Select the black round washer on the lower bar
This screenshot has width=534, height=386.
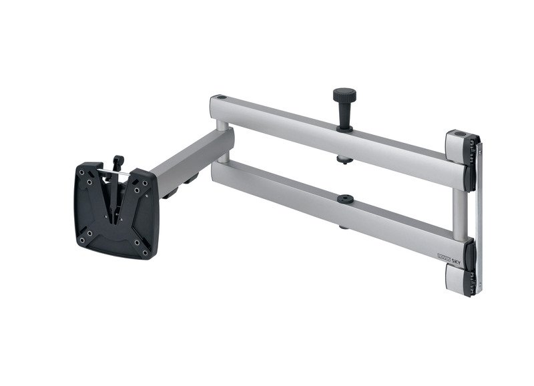346,199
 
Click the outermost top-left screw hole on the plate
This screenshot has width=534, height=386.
81,172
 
